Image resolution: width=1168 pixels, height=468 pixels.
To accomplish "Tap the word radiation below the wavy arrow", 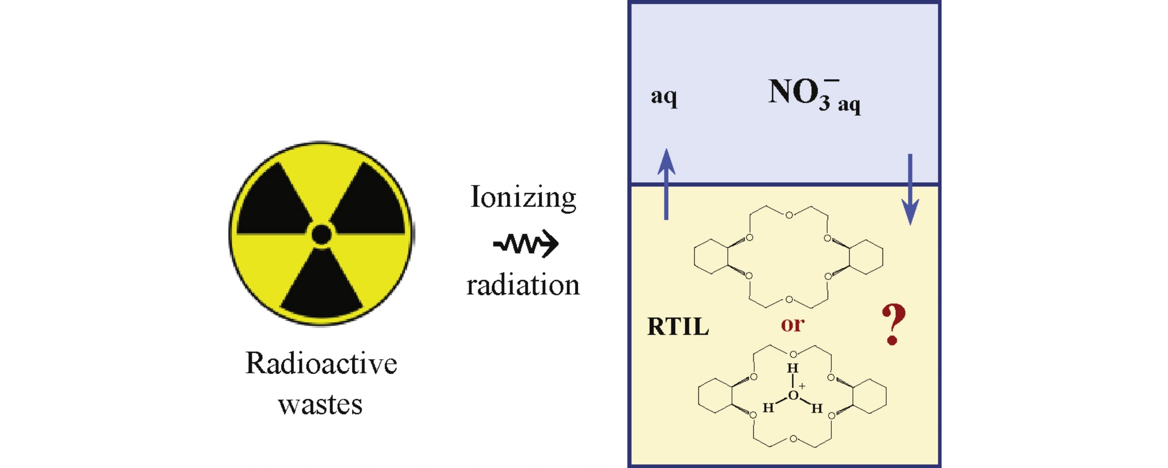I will click(x=523, y=285).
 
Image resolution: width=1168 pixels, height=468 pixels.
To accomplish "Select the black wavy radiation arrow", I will click(x=526, y=244).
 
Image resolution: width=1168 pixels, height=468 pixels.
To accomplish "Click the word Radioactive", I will click(x=321, y=364).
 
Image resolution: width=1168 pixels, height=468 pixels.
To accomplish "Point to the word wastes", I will click(x=320, y=405).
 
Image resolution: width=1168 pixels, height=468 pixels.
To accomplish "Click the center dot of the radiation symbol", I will click(x=321, y=234).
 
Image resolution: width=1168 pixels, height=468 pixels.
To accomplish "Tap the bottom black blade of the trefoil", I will click(x=321, y=288).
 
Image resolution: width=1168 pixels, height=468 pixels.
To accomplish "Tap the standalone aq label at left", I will click(x=663, y=97).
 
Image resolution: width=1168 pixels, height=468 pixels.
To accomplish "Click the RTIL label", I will click(x=678, y=327).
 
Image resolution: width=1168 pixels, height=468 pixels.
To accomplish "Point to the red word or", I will click(x=793, y=324).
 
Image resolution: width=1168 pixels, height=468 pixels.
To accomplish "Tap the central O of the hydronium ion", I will click(x=793, y=396).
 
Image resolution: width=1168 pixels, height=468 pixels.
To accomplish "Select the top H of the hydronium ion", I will click(x=793, y=368).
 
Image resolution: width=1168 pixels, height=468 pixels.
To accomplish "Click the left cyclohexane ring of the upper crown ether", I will click(x=711, y=256).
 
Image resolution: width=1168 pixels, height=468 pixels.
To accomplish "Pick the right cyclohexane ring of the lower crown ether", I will click(x=869, y=396).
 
